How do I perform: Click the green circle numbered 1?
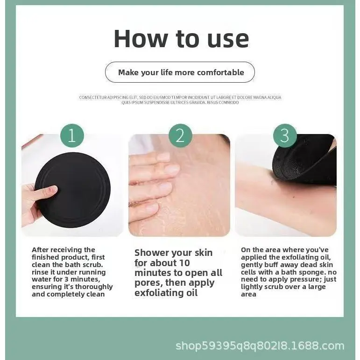coord(72,135)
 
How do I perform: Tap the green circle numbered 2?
coord(180,135)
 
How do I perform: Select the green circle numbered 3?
coord(285,135)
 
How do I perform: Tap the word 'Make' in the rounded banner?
coord(128,72)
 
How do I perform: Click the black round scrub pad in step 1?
coord(73,190)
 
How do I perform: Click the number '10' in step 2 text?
coord(184,263)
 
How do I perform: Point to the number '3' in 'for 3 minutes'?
coord(67,279)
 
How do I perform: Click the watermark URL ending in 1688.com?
coord(260,346)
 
